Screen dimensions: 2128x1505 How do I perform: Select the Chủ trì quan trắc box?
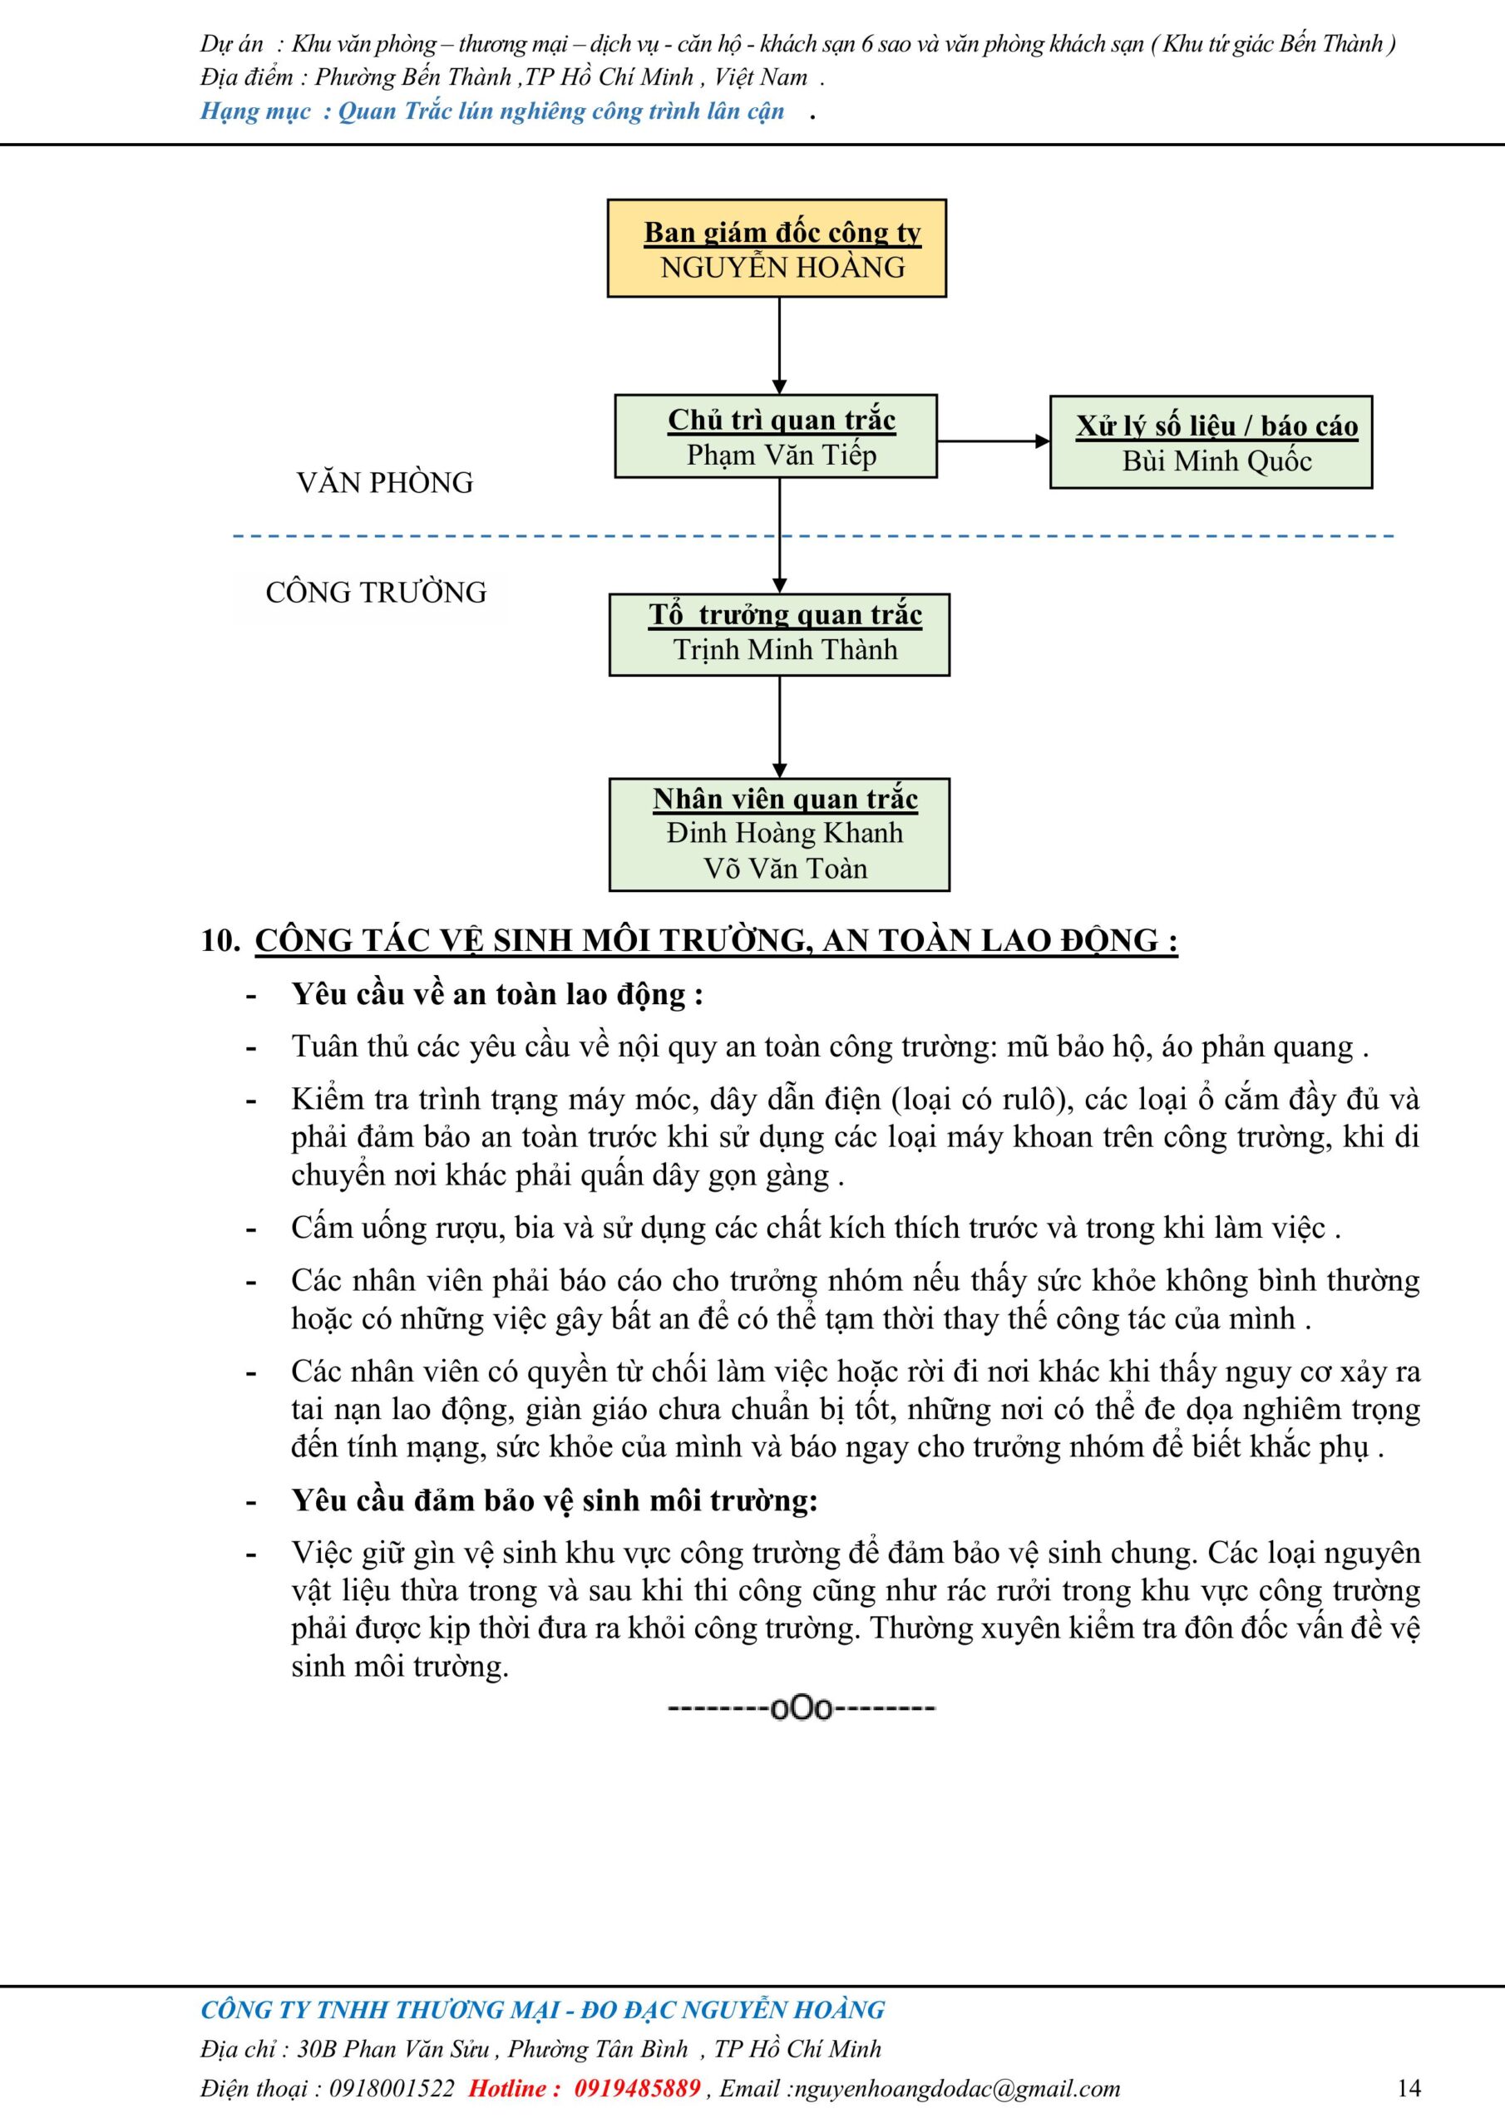click(776, 436)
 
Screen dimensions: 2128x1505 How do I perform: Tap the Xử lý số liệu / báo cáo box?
click(1210, 442)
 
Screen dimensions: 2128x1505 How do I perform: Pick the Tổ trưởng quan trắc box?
click(779, 634)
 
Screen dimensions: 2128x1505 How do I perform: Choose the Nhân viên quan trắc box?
click(779, 834)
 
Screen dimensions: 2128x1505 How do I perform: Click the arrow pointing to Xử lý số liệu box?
click(992, 441)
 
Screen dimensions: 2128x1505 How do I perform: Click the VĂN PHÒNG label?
click(385, 483)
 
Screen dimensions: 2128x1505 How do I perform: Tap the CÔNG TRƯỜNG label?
click(376, 592)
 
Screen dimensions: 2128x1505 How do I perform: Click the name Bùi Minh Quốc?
click(1216, 461)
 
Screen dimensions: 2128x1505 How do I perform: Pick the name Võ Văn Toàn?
click(784, 869)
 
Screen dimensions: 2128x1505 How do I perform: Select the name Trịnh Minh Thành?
click(784, 650)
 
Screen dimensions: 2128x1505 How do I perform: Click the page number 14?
click(1408, 2087)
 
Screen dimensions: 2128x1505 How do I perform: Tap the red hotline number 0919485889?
click(637, 2088)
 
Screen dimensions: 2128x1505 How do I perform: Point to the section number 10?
click(220, 941)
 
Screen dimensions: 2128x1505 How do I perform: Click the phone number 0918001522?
click(392, 2088)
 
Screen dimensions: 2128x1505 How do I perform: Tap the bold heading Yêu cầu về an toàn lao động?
click(497, 994)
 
